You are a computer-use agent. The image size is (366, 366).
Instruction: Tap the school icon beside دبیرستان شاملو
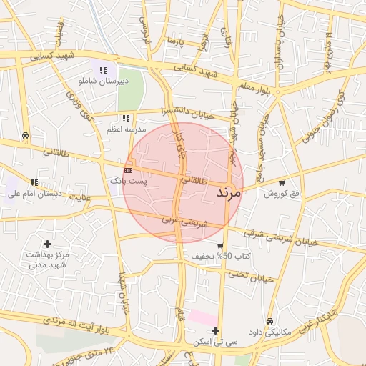(x=104, y=70)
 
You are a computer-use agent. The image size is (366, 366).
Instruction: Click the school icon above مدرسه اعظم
(x=126, y=118)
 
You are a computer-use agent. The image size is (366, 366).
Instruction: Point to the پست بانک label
(x=128, y=182)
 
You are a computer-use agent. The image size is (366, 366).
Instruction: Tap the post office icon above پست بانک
(x=128, y=170)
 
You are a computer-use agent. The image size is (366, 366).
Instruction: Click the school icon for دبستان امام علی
(x=35, y=182)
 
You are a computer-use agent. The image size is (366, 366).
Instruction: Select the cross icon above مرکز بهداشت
(x=47, y=244)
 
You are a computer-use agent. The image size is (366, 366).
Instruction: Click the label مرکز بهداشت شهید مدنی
(x=47, y=260)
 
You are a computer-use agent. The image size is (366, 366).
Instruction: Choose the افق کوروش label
(x=283, y=194)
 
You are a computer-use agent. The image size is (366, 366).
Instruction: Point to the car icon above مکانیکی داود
(x=269, y=321)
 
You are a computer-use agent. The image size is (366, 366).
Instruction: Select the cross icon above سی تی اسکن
(x=215, y=330)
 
